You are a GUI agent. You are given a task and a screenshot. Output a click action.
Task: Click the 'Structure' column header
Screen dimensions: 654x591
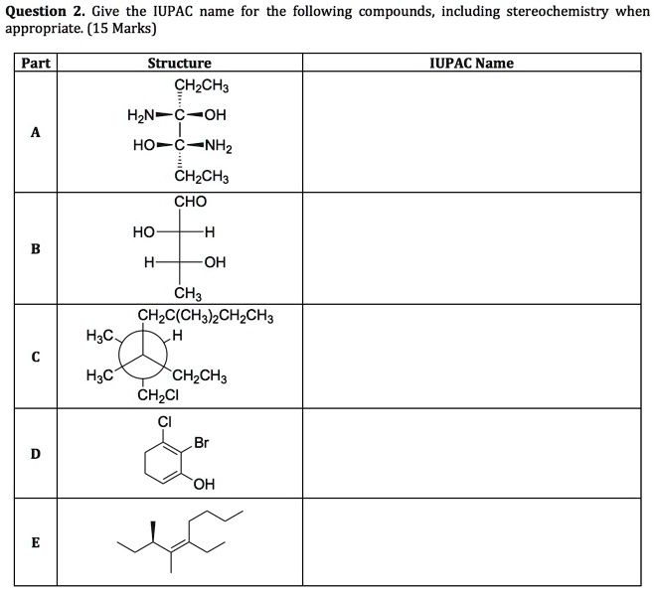179,63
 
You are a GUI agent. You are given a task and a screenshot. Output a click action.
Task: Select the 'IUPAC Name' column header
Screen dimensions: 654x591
472,63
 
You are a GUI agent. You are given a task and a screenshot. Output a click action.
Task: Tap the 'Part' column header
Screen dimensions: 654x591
36,63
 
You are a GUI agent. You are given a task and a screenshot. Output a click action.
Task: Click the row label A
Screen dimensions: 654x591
36,132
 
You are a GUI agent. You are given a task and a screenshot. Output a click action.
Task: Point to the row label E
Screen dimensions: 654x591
36,542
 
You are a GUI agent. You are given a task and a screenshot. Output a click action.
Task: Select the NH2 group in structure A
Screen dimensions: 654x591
218,146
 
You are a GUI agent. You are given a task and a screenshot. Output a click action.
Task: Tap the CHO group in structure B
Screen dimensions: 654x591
190,202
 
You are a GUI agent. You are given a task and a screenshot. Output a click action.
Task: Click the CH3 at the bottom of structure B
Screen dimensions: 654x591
188,293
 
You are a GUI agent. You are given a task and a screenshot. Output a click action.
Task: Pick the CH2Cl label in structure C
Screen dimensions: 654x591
158,394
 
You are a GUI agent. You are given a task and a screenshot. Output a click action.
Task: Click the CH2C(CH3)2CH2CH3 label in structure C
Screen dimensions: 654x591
206,317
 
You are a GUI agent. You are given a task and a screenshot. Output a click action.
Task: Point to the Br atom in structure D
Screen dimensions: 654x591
202,443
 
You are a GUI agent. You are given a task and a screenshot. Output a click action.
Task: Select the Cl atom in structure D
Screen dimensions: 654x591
165,422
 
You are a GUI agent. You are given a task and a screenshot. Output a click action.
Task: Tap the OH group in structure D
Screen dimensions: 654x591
205,484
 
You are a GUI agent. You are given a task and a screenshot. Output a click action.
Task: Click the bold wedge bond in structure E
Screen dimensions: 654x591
153,531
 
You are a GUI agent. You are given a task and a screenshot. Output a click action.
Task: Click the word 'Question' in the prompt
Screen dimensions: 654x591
36,12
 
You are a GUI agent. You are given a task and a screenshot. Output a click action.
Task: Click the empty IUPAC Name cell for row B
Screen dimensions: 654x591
472,248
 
